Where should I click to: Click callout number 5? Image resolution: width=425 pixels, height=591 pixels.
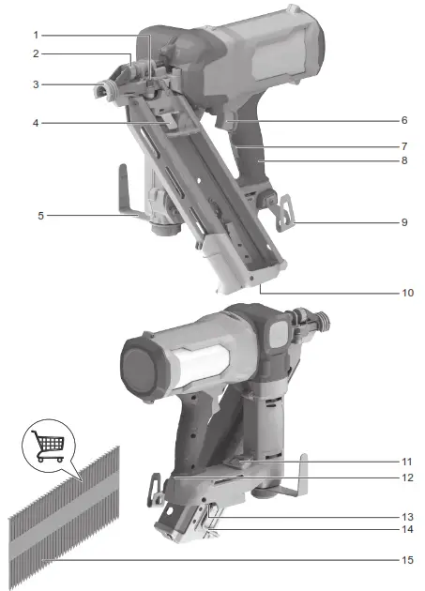coord(41,215)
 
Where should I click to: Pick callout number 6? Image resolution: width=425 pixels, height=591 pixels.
coord(404,121)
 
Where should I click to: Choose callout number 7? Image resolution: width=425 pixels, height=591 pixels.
coord(404,146)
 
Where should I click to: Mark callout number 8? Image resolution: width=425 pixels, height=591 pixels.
coord(404,160)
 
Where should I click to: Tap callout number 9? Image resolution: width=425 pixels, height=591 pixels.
coord(404,222)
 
